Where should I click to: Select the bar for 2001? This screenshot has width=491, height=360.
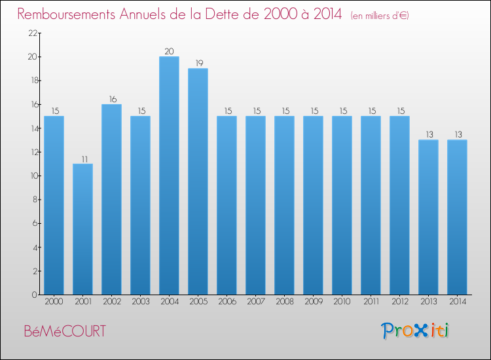[82, 229]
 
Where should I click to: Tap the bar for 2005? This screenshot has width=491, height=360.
[198, 181]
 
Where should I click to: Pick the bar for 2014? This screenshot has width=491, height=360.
[457, 217]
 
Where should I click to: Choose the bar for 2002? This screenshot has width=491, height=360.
[111, 200]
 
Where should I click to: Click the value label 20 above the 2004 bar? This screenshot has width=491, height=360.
[169, 51]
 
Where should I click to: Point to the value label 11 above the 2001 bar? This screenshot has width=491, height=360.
[82, 158]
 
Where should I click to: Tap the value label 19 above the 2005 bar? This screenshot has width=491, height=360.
[198, 63]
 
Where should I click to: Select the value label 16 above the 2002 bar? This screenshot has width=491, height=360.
[111, 99]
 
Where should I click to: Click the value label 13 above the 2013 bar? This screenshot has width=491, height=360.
[428, 134]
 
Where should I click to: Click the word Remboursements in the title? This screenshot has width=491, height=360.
[71, 14]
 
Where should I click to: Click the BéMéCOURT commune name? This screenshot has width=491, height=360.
[64, 331]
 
